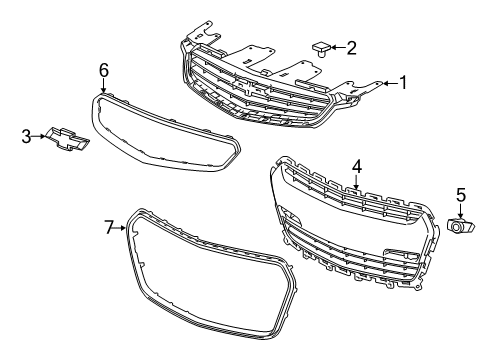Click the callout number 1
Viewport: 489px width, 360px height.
[x=403, y=83]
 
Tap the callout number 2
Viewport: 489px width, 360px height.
[x=351, y=47]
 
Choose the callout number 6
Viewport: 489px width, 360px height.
[x=103, y=69]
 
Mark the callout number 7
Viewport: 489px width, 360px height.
[x=111, y=228]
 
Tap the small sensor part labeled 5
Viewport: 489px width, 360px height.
[x=460, y=228]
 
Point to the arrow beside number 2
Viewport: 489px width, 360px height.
[x=337, y=47]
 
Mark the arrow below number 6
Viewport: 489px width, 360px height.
[x=103, y=84]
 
